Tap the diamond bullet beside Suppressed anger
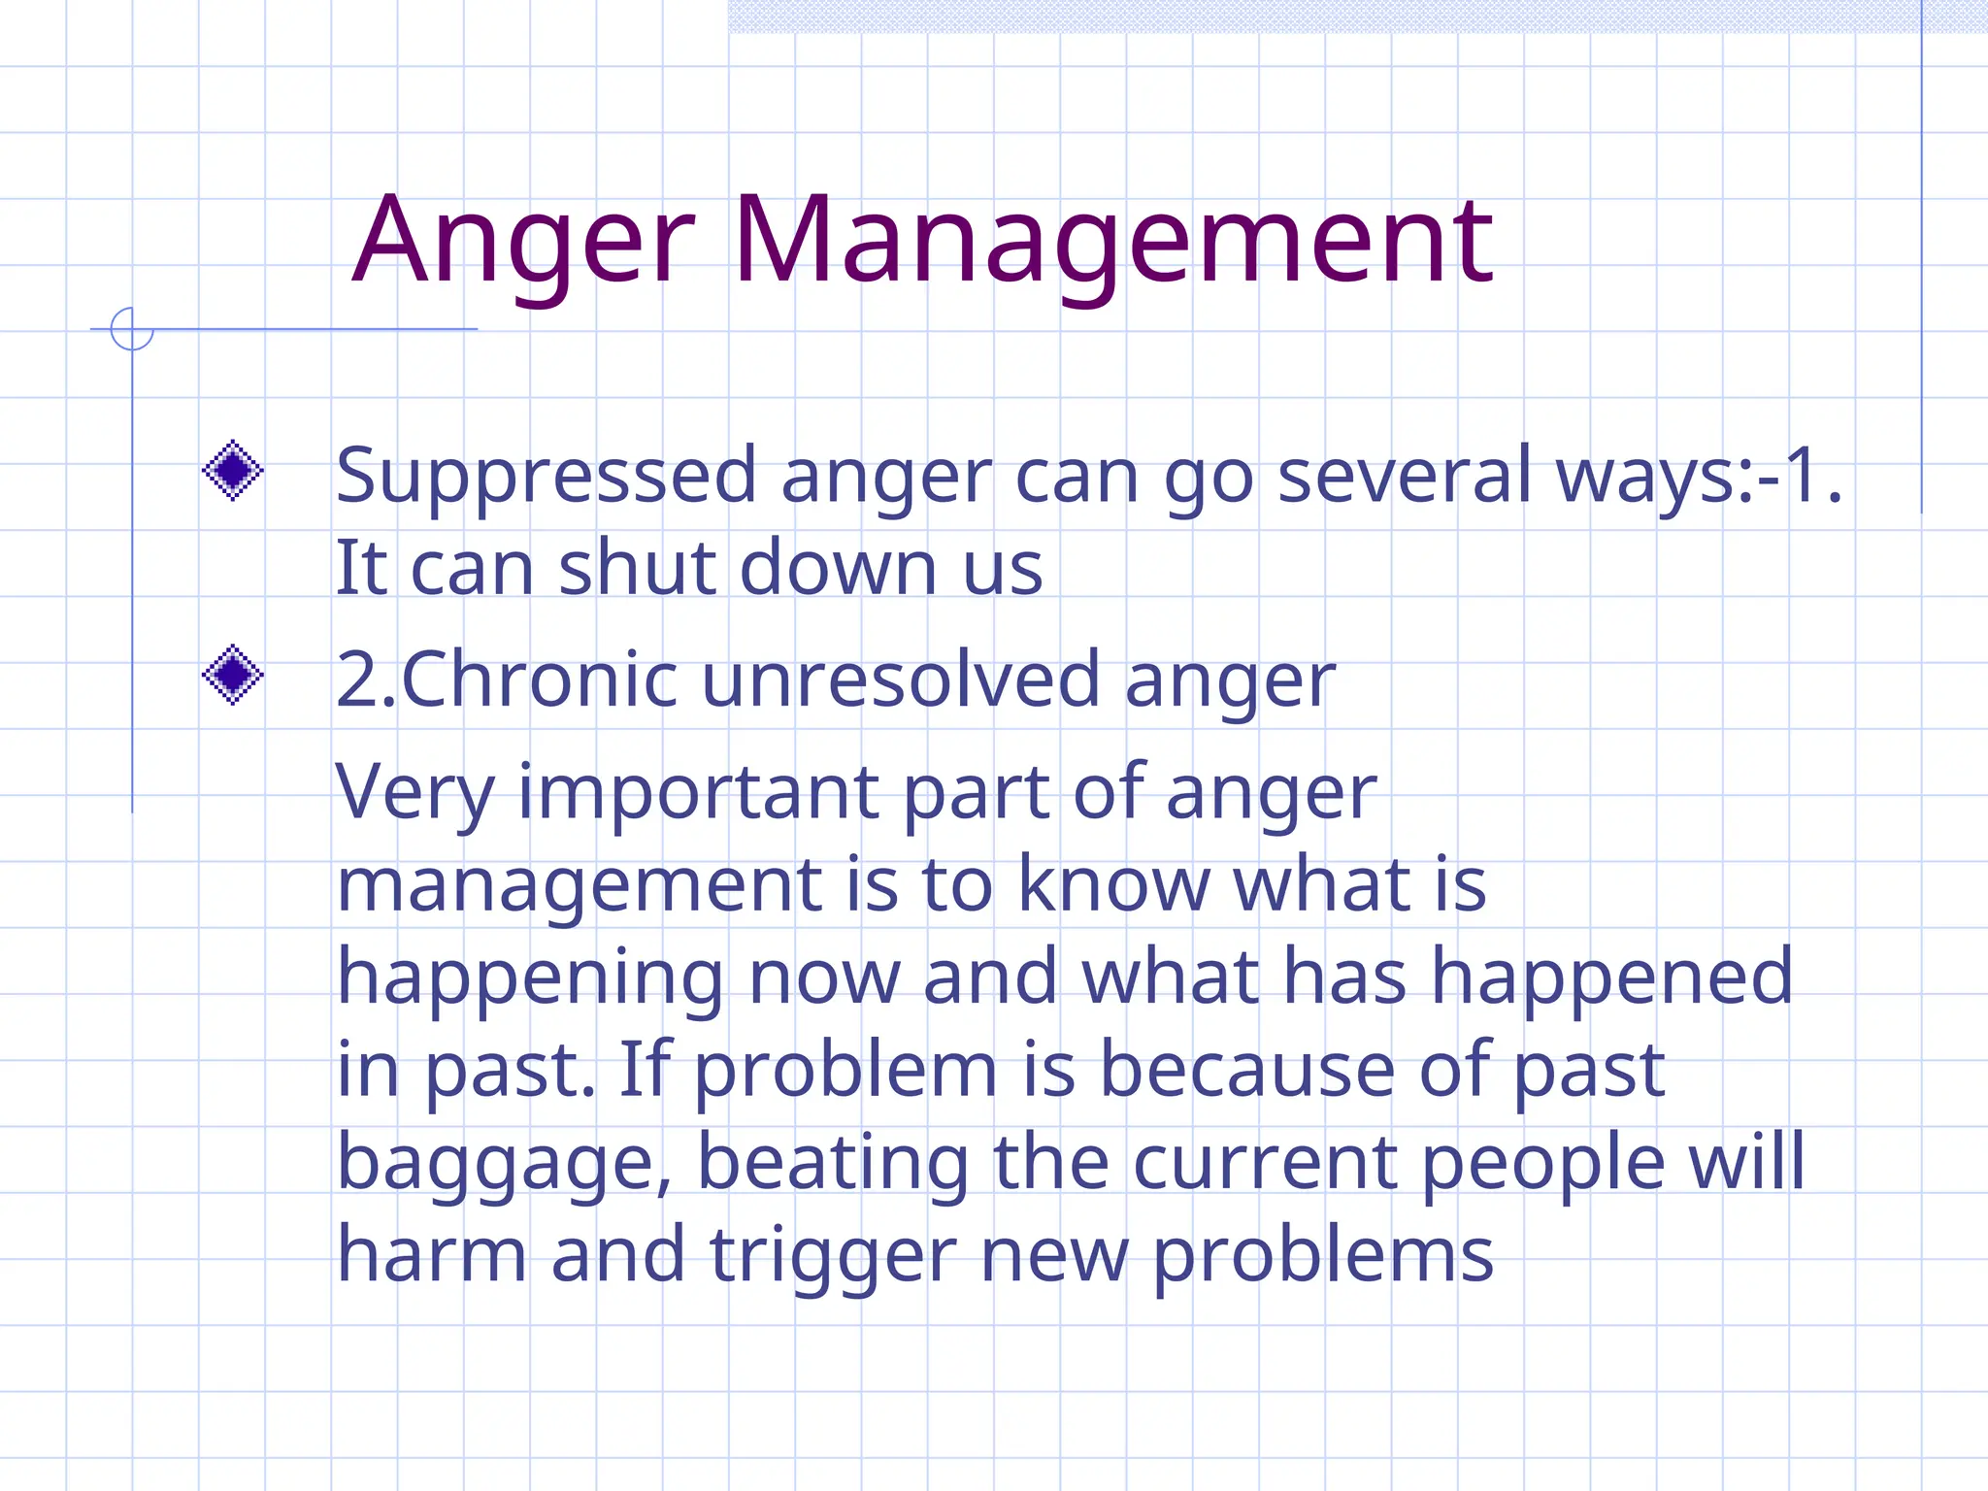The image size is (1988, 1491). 233,471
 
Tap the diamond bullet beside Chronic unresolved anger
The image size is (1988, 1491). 233,675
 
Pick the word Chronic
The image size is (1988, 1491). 539,679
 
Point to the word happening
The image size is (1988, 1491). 530,978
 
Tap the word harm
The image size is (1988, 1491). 432,1254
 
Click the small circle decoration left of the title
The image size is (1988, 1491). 132,329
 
